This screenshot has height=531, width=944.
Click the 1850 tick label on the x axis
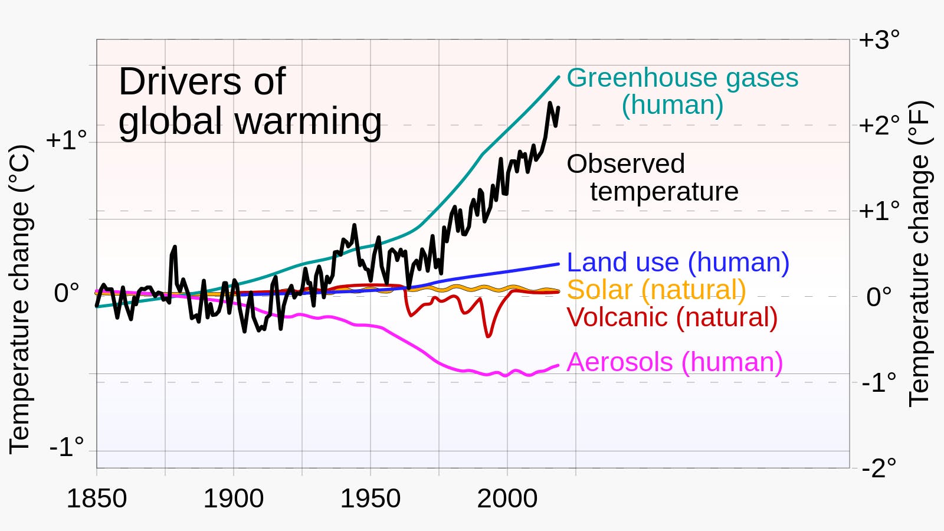[x=96, y=499]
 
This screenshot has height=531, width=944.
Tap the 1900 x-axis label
[x=233, y=499]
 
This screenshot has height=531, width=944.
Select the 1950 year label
[x=370, y=499]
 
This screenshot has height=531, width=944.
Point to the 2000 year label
[x=507, y=499]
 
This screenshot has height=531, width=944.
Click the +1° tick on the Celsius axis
[x=66, y=140]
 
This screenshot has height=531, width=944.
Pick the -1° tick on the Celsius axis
[x=66, y=447]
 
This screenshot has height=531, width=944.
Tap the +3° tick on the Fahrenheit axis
[x=879, y=40]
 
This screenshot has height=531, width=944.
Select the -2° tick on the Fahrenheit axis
[x=879, y=468]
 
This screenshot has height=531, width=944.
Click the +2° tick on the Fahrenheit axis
[x=879, y=125]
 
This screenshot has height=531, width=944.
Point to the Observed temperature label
[x=652, y=178]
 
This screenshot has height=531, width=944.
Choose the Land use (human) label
[x=678, y=262]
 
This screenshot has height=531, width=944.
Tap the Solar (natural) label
[x=656, y=290]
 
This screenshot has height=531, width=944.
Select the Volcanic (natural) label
[x=672, y=317]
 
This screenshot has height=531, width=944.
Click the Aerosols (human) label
[x=674, y=362]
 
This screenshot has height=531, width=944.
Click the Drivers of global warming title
[x=250, y=101]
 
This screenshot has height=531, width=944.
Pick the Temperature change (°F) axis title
[x=920, y=254]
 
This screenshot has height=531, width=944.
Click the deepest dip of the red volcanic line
[x=488, y=336]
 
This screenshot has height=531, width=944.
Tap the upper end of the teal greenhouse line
[x=558, y=77]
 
